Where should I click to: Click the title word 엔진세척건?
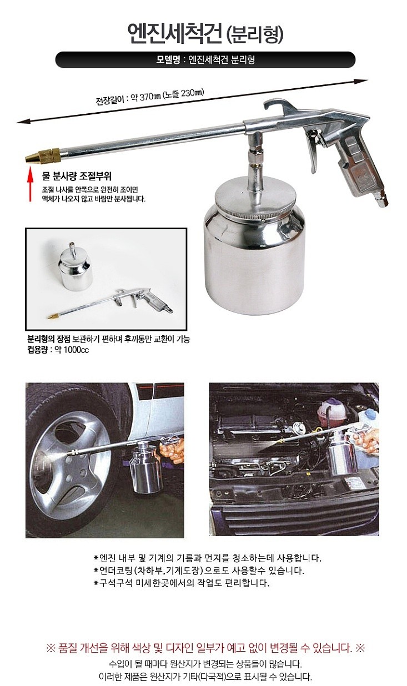pyautogui.click(x=172, y=34)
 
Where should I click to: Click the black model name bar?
pyautogui.click(x=205, y=60)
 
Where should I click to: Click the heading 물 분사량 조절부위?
pyautogui.click(x=77, y=176)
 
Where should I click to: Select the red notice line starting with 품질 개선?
pyautogui.click(x=205, y=648)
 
